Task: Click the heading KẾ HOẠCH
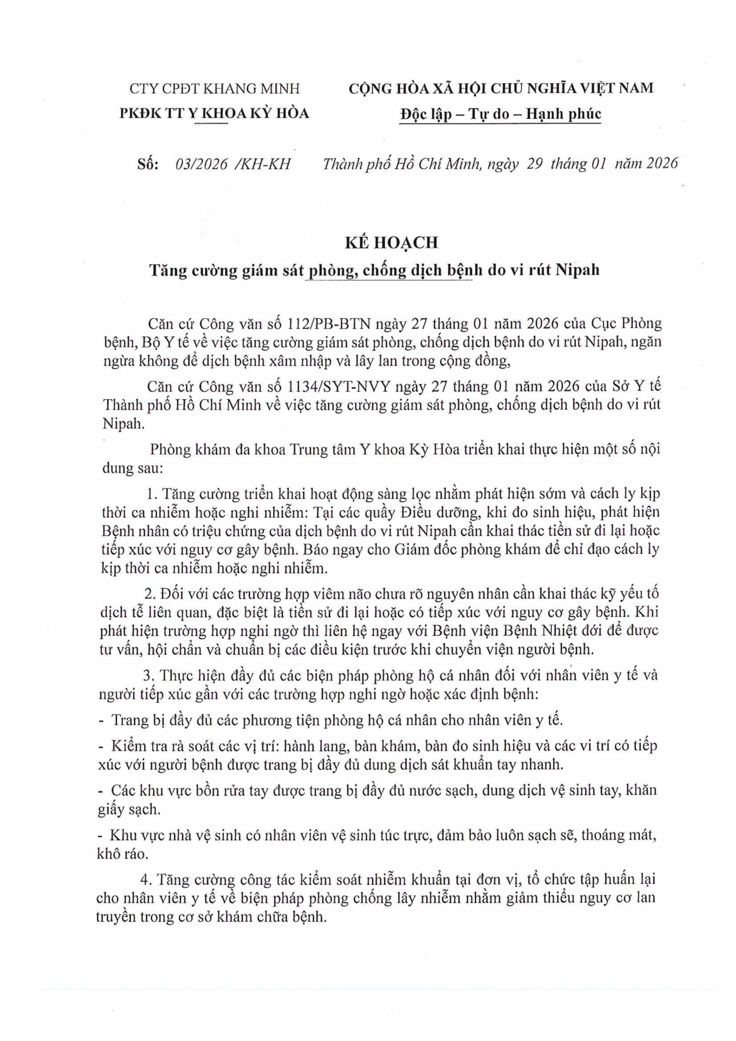tap(391, 243)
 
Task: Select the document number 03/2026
tap(201, 164)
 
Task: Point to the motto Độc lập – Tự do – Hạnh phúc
tap(500, 113)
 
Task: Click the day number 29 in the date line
tap(535, 164)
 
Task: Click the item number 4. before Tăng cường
tap(146, 880)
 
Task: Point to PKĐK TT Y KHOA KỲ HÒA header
tap(214, 113)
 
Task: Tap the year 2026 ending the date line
tap(662, 164)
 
